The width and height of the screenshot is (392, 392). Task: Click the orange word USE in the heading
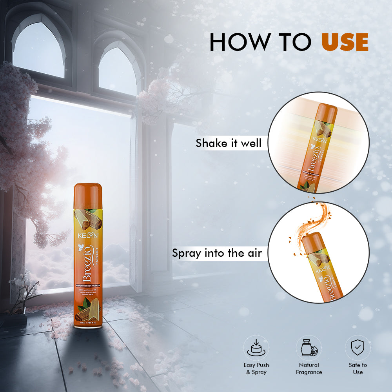click(345, 42)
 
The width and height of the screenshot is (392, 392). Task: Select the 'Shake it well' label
click(229, 143)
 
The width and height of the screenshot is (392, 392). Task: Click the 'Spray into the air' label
click(217, 253)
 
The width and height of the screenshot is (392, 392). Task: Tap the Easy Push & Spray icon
click(256, 347)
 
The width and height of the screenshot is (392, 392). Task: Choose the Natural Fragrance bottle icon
click(309, 347)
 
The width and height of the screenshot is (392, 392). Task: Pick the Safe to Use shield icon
click(358, 347)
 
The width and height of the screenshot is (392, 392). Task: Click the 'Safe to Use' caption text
click(358, 368)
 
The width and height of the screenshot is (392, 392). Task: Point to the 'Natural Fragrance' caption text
click(309, 368)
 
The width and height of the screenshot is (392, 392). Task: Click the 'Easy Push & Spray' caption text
click(256, 368)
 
